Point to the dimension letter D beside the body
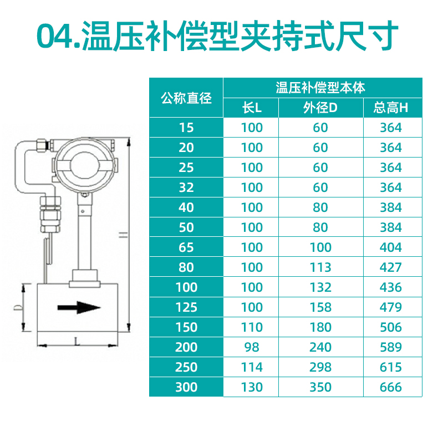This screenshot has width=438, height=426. point(18,307)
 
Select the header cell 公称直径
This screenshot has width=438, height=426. point(186,98)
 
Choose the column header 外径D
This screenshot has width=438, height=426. point(320,108)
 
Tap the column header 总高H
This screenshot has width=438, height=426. point(391,108)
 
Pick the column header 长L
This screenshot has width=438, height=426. point(252,108)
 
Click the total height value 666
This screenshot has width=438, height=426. point(391,387)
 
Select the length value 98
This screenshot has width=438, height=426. point(252,347)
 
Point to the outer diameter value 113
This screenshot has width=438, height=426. point(320,267)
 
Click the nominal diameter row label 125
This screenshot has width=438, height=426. point(186,307)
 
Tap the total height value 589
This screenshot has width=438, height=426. point(391,347)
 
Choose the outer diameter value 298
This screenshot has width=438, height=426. point(320,367)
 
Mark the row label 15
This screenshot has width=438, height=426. point(186,128)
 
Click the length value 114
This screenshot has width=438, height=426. point(252,367)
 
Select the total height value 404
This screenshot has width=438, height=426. point(391,247)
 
